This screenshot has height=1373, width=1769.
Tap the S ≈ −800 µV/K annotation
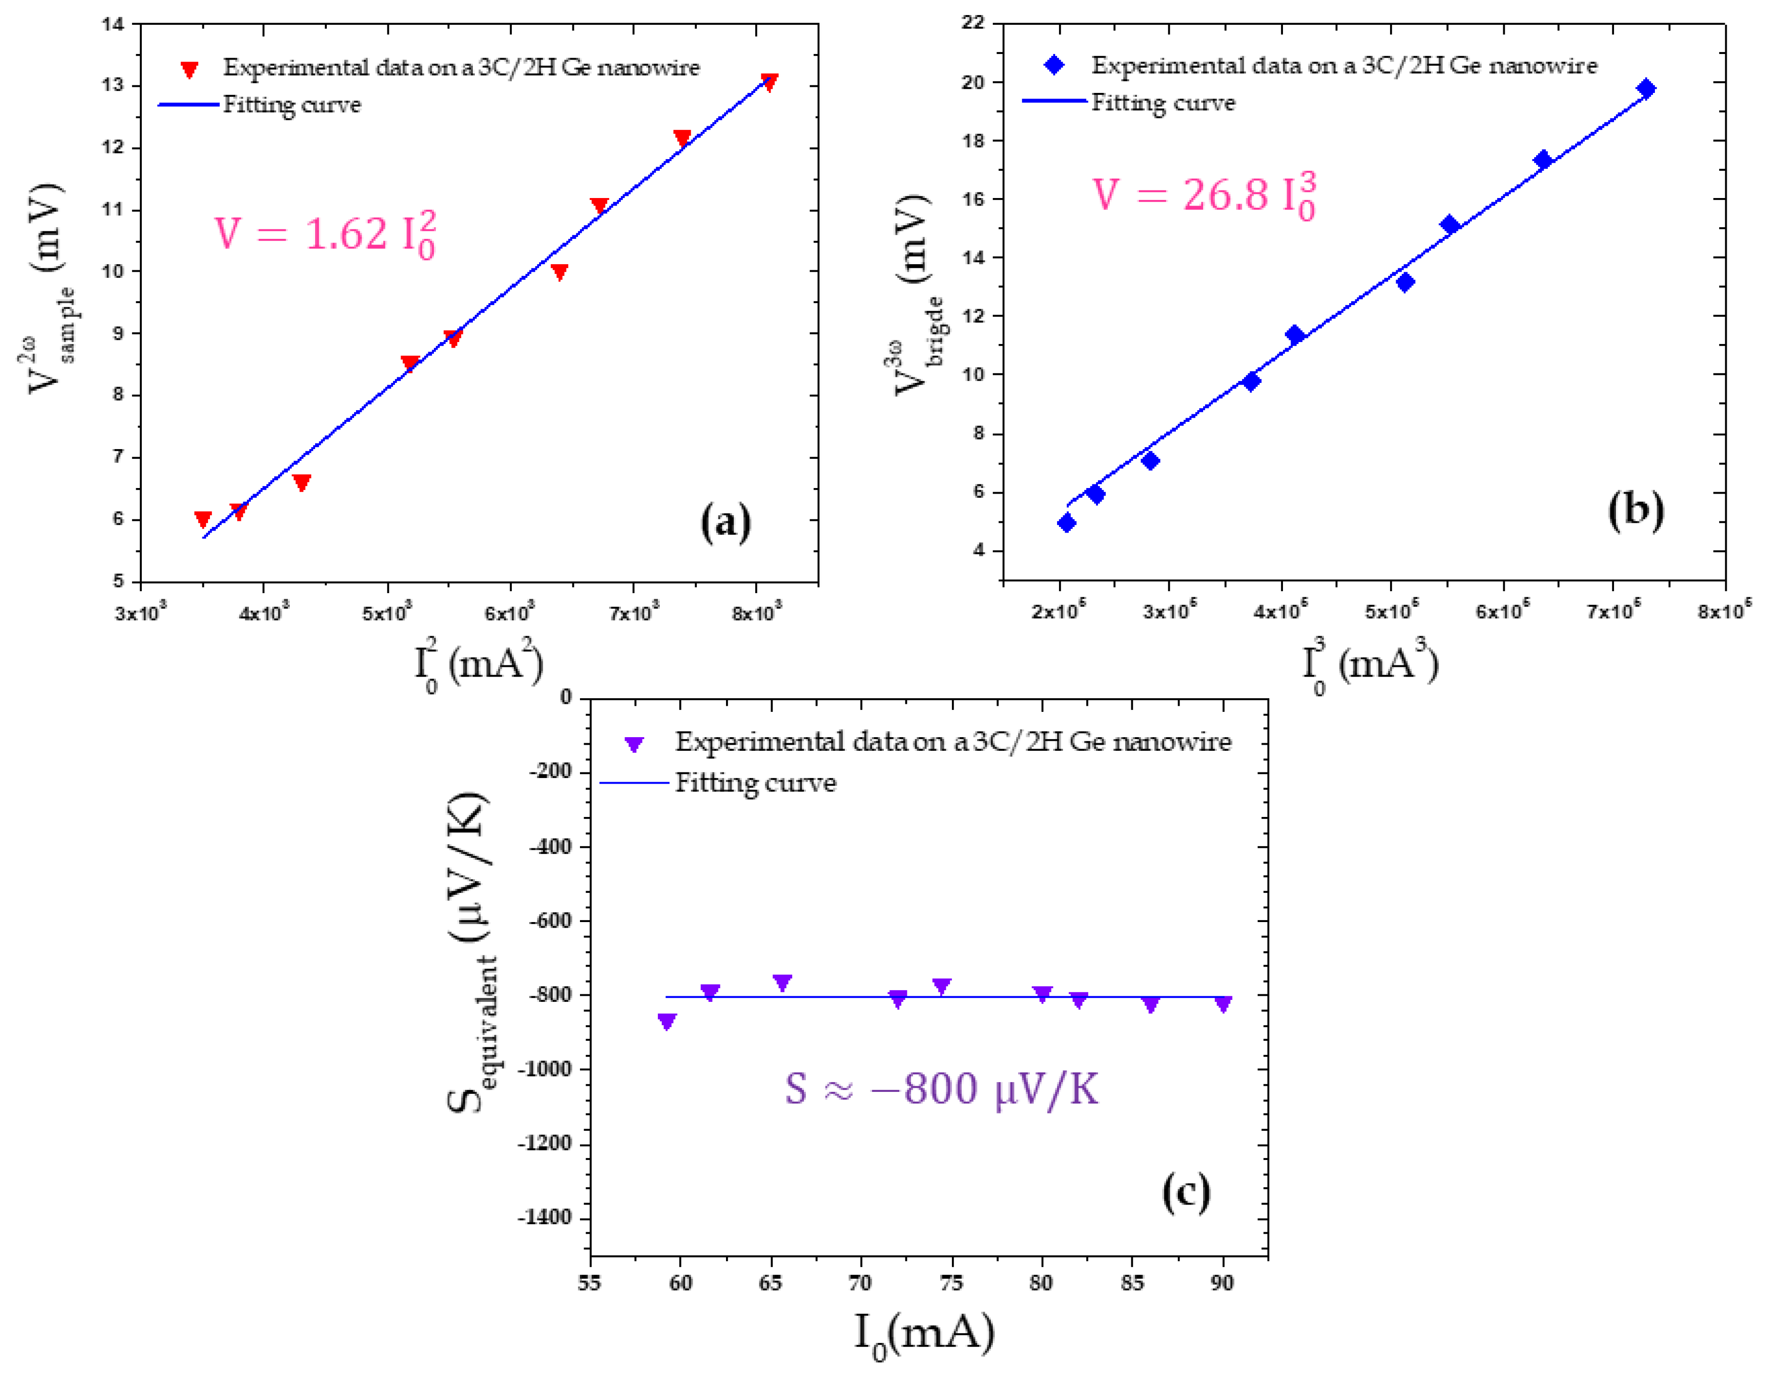click(941, 1089)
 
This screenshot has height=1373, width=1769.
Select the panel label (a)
click(725, 522)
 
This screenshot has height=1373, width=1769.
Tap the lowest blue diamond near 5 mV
click(1067, 523)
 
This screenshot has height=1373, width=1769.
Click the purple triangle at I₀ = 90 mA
click(1223, 1004)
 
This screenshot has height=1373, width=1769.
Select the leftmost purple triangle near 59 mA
click(667, 1022)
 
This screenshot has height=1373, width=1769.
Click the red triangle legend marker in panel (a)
click(189, 69)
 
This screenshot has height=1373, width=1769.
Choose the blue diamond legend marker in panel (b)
click(1054, 65)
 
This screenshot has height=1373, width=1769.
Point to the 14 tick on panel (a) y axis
click(113, 24)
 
